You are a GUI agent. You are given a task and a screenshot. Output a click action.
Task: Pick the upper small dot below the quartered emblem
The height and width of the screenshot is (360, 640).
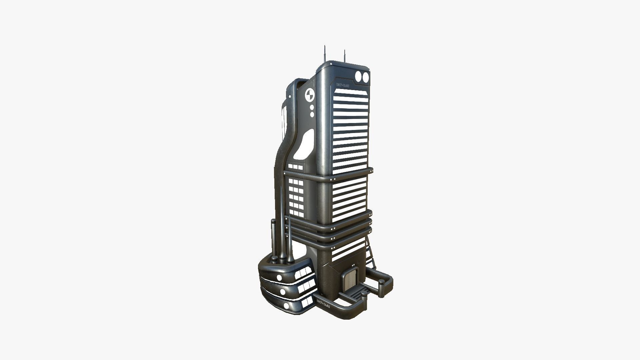click(312, 108)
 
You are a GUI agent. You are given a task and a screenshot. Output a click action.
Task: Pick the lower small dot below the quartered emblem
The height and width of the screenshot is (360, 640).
click(312, 114)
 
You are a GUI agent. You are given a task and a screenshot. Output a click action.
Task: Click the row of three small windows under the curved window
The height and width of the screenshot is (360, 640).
click(296, 166)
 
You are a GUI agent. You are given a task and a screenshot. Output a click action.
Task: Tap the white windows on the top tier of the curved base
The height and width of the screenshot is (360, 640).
click(70, 273)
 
